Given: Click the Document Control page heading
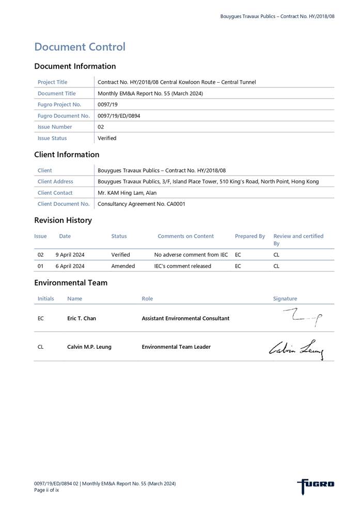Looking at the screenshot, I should point(80,47).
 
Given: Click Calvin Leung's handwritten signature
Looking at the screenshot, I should point(296,349).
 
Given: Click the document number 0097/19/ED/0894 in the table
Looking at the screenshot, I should point(119,116).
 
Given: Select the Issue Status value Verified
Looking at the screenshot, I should point(107,138).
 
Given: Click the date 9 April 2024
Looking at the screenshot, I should point(70,255).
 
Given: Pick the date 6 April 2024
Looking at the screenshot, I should point(70,266).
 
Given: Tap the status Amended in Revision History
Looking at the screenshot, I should point(123,266).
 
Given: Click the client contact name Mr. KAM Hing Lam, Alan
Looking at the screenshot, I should point(127,193).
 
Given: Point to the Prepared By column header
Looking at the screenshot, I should point(249,236).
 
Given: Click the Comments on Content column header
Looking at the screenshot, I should point(185,236).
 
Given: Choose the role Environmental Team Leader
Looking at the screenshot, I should point(176,347).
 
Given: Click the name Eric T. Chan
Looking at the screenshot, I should point(82,318).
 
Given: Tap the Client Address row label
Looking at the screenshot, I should point(55,181).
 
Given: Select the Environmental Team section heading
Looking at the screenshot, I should point(71,283).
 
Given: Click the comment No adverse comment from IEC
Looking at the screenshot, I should point(191,255).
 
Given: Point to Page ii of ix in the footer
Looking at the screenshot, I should point(46,490).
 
